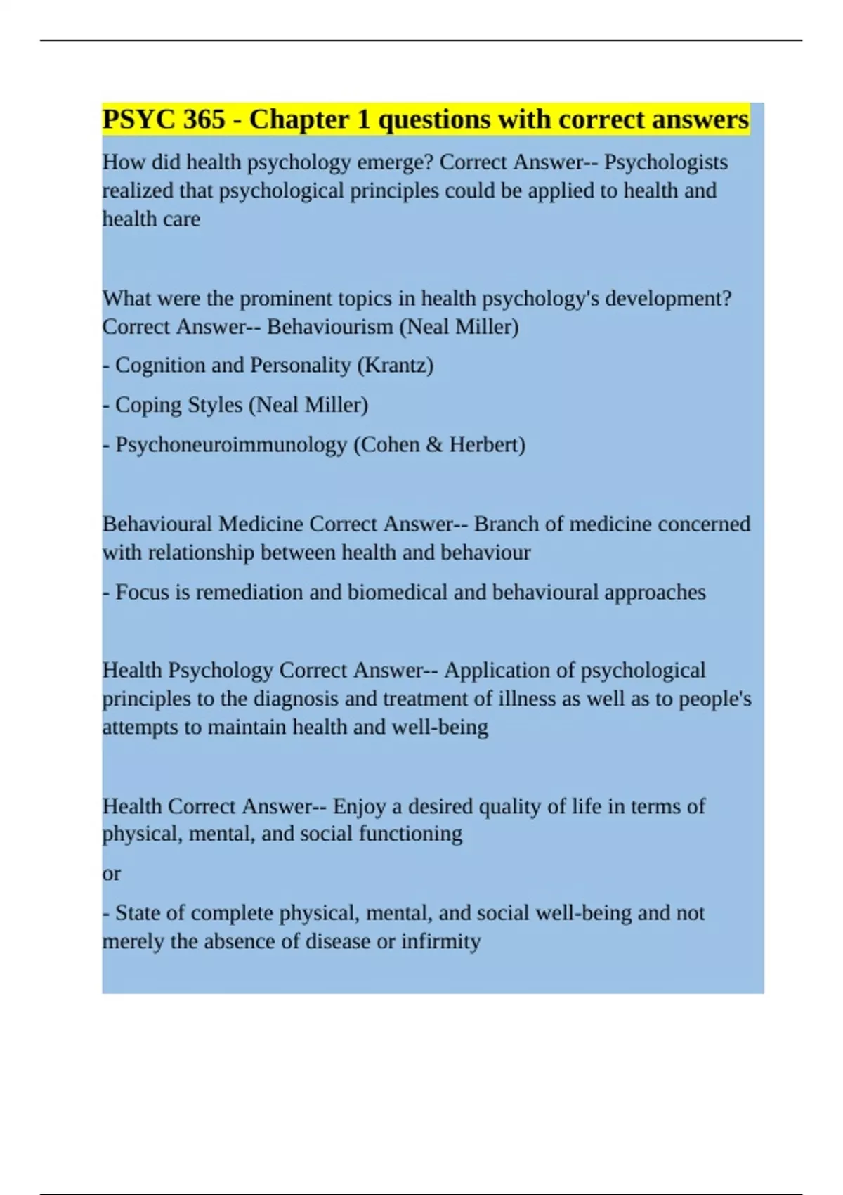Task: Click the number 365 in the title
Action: (x=204, y=119)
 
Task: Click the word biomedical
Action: (x=398, y=593)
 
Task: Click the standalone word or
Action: (x=112, y=874)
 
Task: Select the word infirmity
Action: (x=441, y=941)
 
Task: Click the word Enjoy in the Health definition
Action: (x=359, y=806)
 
